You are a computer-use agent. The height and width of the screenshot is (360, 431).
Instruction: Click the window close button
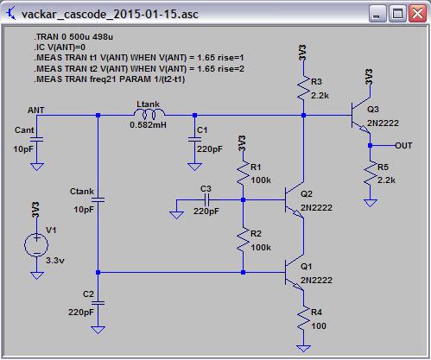click(417, 14)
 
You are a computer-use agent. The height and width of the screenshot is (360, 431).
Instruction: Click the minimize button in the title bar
click(377, 14)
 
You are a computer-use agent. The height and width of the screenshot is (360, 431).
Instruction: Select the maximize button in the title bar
click(397, 14)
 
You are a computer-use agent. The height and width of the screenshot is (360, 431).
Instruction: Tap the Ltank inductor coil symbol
click(149, 114)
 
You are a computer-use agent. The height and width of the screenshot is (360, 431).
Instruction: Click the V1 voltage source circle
click(36, 245)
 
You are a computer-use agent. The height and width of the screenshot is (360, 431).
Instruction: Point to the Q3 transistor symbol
click(361, 116)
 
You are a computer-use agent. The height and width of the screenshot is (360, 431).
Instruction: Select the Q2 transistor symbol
click(295, 200)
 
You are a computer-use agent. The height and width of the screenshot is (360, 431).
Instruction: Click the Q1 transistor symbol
click(295, 273)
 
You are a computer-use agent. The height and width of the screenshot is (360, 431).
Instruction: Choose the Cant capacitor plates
click(37, 139)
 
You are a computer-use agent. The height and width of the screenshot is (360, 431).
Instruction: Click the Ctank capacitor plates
click(98, 199)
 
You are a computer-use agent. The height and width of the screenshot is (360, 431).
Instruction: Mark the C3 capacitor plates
click(206, 199)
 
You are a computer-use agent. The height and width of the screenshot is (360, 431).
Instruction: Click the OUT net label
click(403, 146)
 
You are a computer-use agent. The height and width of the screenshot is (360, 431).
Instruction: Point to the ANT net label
click(36, 110)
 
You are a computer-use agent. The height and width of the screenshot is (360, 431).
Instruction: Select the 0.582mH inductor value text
click(148, 125)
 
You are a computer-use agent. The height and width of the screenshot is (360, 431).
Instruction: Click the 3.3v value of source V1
click(55, 261)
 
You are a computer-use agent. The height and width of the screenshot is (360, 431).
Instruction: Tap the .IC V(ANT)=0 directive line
click(60, 47)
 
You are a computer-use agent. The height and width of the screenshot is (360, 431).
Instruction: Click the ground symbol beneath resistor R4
click(303, 349)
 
